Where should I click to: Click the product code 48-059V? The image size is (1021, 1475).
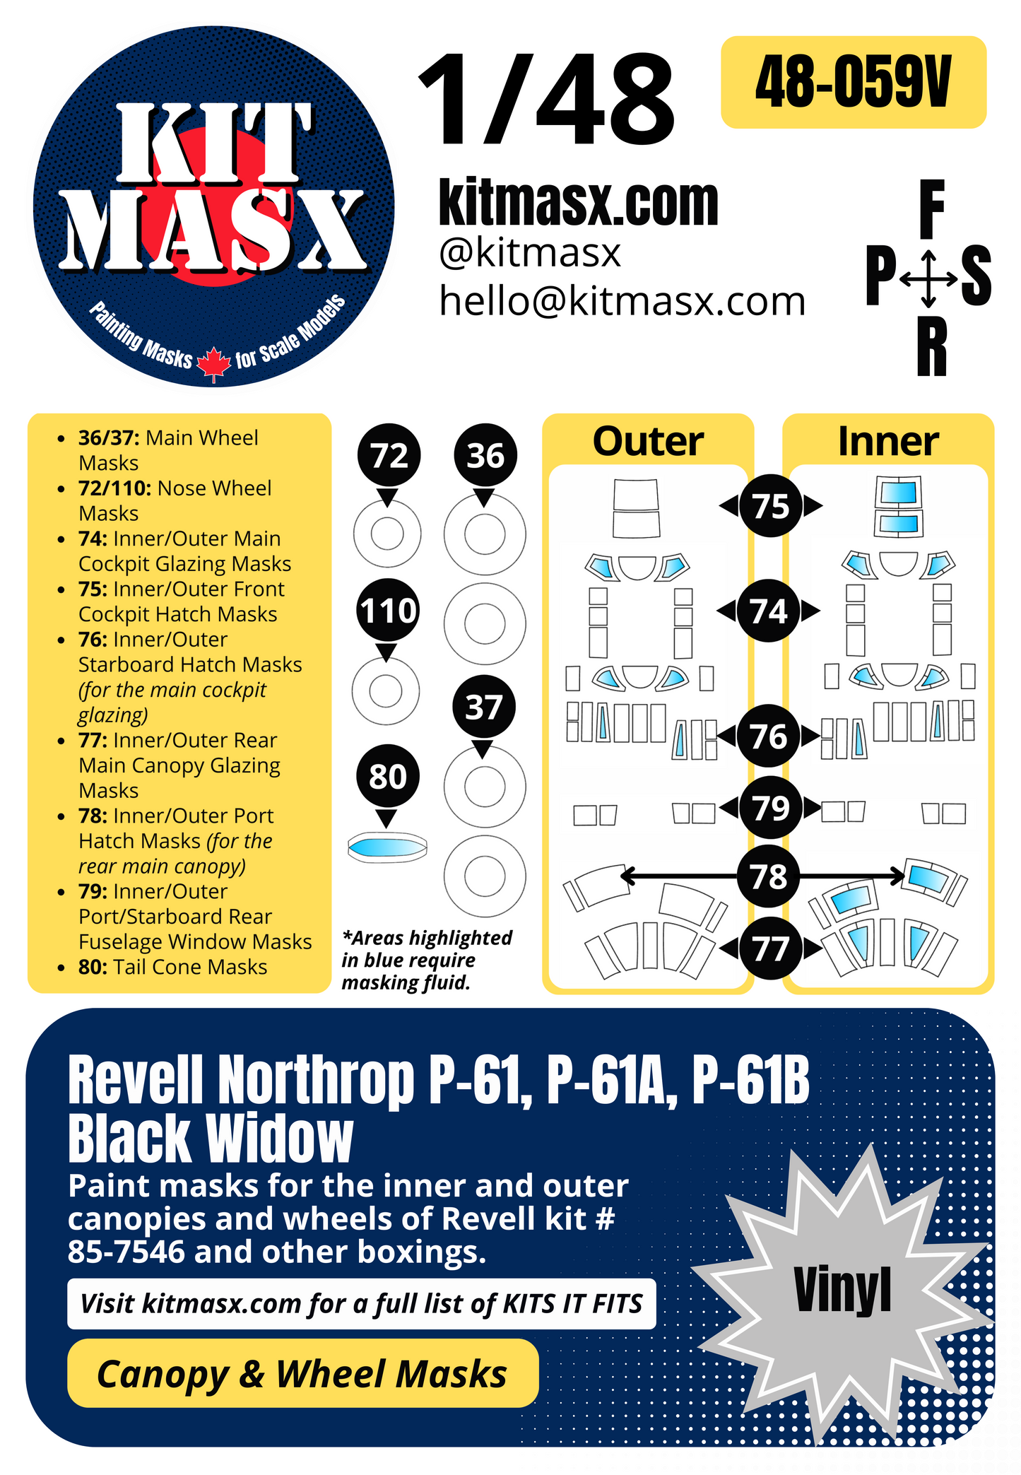pyautogui.click(x=853, y=83)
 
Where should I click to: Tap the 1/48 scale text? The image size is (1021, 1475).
pyautogui.click(x=547, y=101)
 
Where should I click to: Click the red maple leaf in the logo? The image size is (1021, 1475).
pyautogui.click(x=213, y=364)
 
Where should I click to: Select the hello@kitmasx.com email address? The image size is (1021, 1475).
pyautogui.click(x=622, y=301)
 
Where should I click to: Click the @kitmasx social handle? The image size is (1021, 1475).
pyautogui.click(x=530, y=252)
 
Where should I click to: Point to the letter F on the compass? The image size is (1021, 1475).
pyautogui.click(x=931, y=210)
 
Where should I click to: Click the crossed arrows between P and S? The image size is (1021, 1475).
pyautogui.click(x=929, y=278)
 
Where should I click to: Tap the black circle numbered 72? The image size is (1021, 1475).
pyautogui.click(x=389, y=456)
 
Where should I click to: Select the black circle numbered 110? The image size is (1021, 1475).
pyautogui.click(x=388, y=611)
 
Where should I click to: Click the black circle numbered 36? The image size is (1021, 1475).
pyautogui.click(x=485, y=456)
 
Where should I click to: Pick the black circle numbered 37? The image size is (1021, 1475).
pyautogui.click(x=483, y=707)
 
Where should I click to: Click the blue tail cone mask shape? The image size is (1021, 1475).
pyautogui.click(x=387, y=846)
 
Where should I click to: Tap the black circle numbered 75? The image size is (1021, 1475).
pyautogui.click(x=770, y=506)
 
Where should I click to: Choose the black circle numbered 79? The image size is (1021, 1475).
pyautogui.click(x=770, y=808)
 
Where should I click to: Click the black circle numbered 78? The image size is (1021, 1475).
pyautogui.click(x=769, y=877)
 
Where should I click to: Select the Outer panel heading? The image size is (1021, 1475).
pyautogui.click(x=648, y=442)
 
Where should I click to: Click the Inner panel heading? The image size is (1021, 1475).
pyautogui.click(x=888, y=442)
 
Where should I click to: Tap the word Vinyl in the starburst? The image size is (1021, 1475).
pyautogui.click(x=842, y=1290)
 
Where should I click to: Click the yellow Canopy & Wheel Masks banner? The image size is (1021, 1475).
pyautogui.click(x=302, y=1373)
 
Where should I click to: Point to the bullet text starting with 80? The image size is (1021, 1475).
pyautogui.click(x=172, y=967)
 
